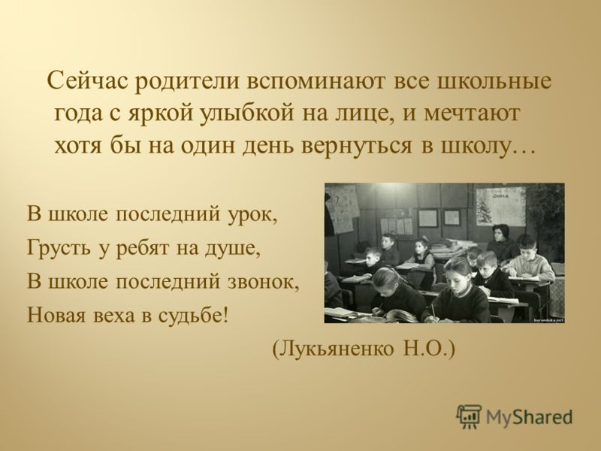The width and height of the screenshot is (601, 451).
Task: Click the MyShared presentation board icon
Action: point(469,416)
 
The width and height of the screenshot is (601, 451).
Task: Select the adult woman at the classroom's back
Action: point(502,242)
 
